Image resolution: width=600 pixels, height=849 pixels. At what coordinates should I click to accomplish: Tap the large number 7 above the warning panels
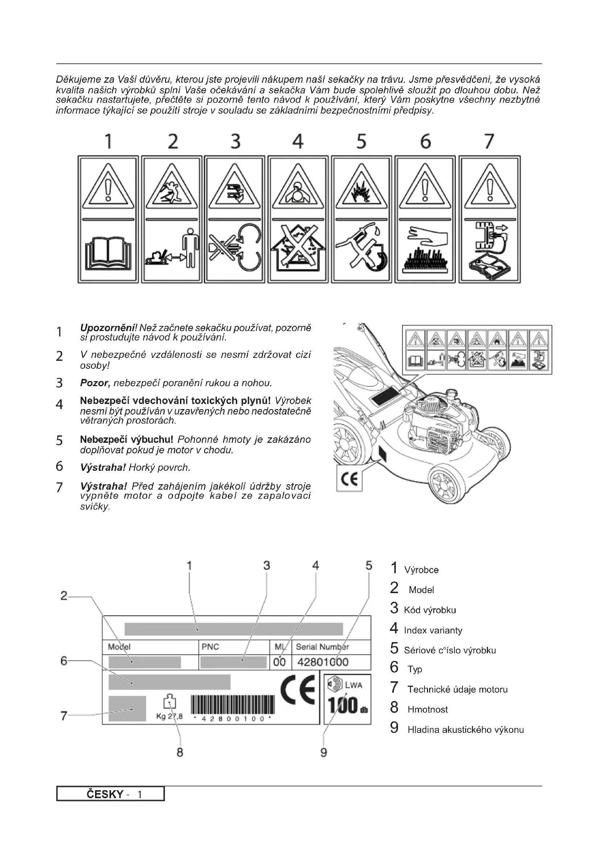click(x=489, y=142)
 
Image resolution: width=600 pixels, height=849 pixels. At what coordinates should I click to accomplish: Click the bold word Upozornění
click(x=108, y=328)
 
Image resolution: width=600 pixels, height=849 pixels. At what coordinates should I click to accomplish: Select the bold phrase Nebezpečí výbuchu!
click(x=126, y=439)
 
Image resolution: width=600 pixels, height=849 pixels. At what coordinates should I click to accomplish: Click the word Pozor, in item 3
click(x=95, y=383)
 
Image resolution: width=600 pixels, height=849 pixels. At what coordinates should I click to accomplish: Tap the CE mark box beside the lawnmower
click(x=349, y=479)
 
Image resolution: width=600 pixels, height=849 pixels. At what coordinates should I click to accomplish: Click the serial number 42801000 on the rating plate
click(x=322, y=662)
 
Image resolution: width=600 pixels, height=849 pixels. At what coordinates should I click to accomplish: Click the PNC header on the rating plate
click(x=210, y=647)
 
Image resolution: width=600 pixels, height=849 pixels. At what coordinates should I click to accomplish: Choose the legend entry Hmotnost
click(x=427, y=709)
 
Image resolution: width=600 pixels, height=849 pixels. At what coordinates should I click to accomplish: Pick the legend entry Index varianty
click(x=433, y=630)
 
